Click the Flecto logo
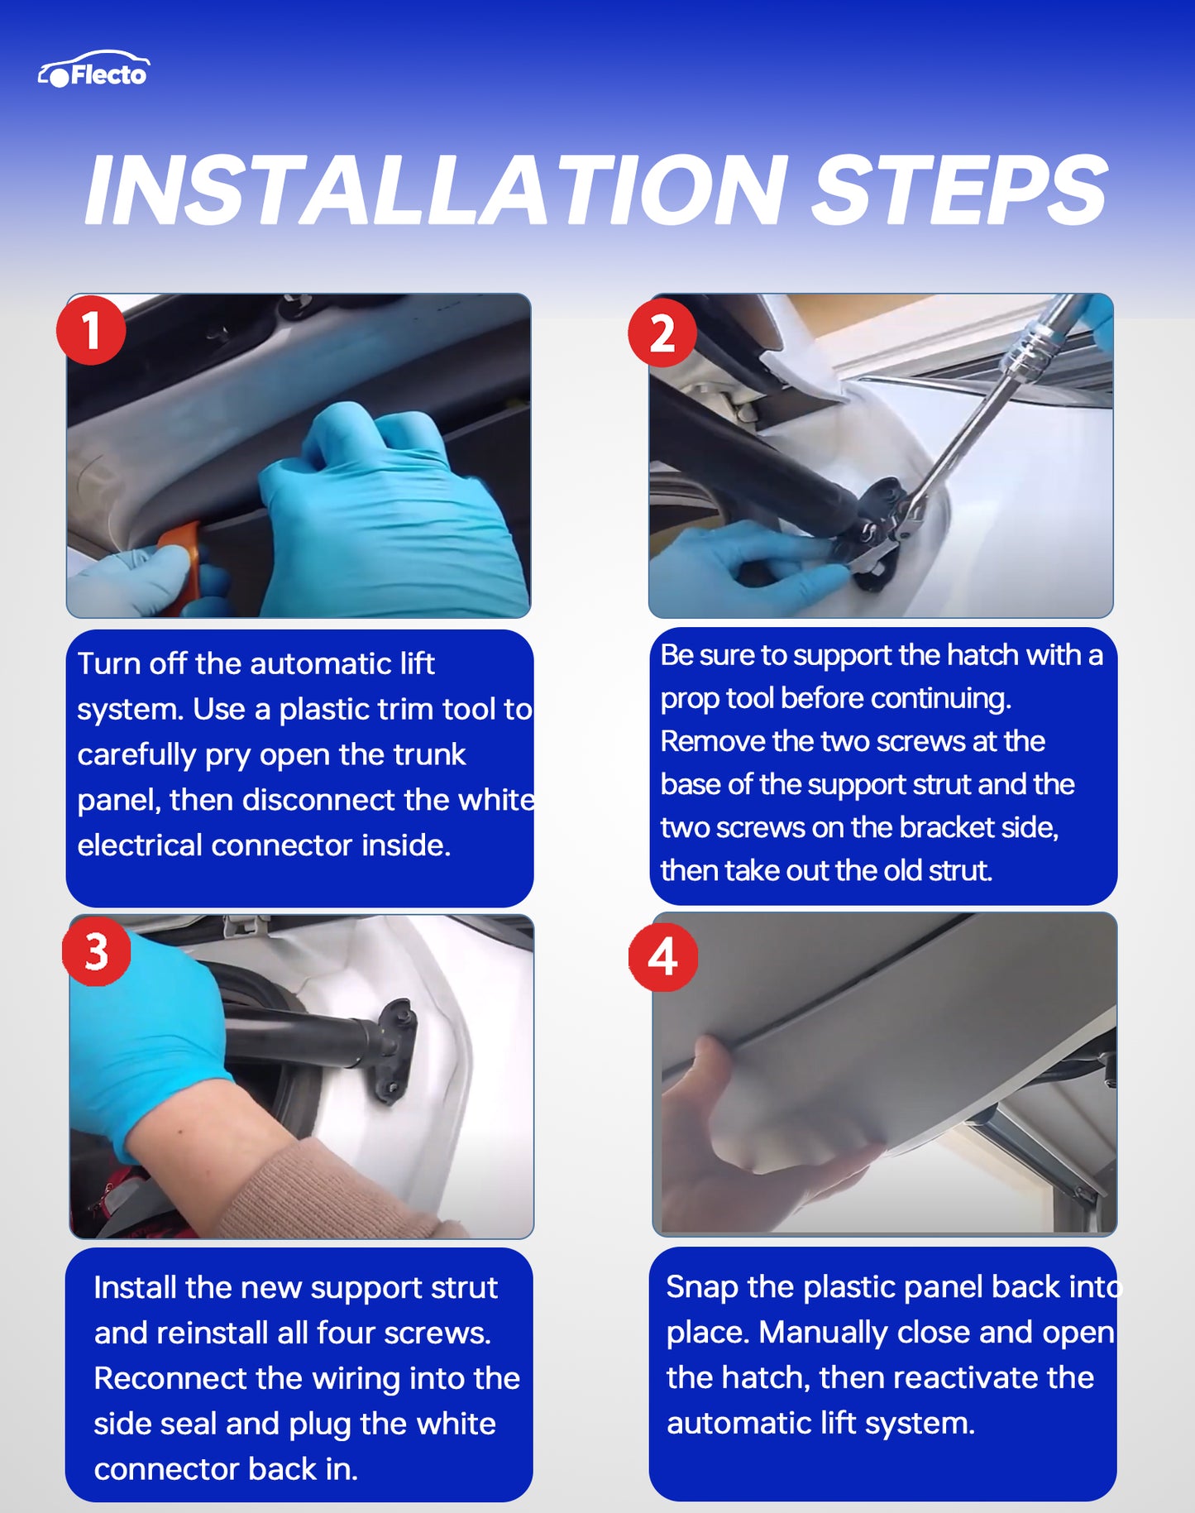(93, 70)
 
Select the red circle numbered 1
(91, 330)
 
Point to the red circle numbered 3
(97, 951)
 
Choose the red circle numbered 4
(663, 957)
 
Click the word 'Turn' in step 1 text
(108, 663)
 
